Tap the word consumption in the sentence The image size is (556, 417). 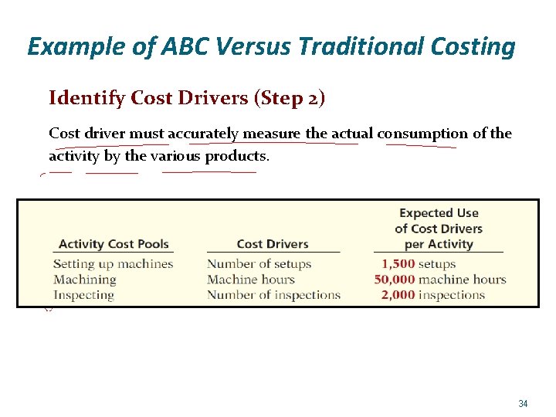422,134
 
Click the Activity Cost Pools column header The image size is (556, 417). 114,244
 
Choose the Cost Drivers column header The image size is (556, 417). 273,244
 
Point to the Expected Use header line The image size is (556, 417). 439,213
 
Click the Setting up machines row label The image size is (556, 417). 113,264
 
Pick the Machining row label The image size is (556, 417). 84,280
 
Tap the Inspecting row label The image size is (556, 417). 83,295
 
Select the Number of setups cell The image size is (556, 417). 259,264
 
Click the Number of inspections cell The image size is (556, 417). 273,295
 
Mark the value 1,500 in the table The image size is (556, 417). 398,264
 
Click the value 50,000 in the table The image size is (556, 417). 395,280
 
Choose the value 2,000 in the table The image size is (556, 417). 398,295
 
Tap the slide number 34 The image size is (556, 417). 523,404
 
